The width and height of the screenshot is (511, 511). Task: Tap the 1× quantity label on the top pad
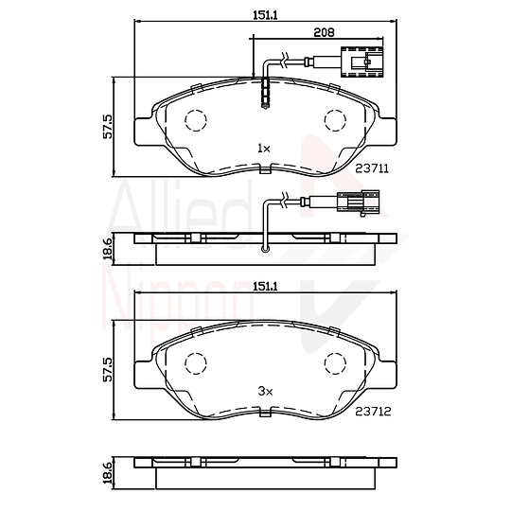(264, 149)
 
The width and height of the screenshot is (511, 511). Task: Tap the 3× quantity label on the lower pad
(264, 390)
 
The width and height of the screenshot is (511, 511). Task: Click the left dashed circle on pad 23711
(195, 121)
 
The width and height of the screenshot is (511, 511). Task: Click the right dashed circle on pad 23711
(336, 121)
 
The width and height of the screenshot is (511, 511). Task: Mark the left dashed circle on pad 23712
(195, 363)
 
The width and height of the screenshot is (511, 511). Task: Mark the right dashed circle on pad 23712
(336, 363)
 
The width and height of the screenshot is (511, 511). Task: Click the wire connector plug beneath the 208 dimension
(364, 66)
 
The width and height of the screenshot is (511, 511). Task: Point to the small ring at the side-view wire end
(266, 251)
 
